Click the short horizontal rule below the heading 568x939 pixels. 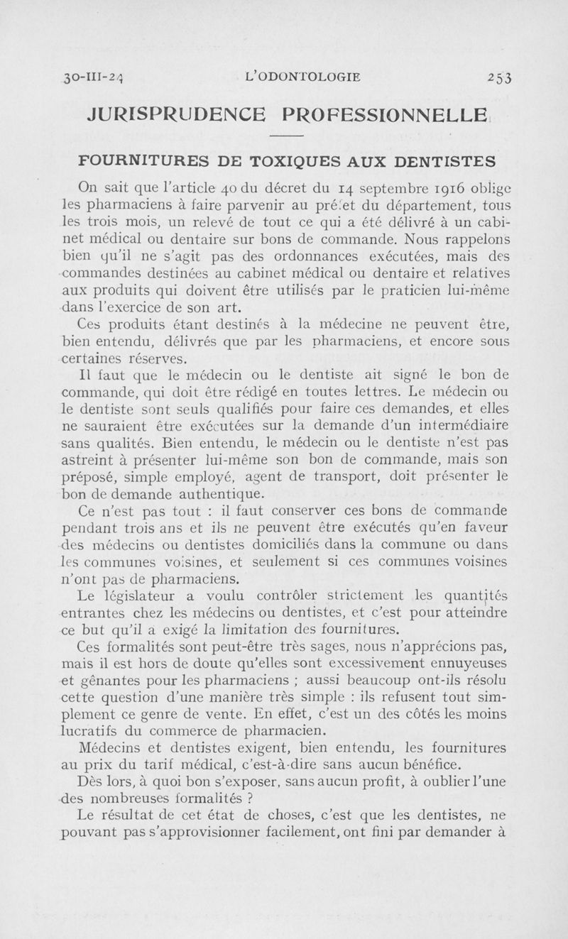coord(287,136)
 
